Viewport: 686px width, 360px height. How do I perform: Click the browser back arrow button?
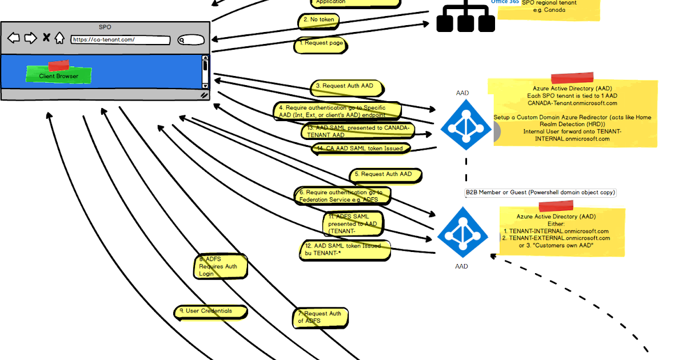14,38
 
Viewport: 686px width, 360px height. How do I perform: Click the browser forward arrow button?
30,38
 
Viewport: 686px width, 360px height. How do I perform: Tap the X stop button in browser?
46,38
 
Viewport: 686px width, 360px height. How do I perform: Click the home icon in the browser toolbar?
59,38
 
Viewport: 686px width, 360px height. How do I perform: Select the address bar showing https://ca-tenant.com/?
120,40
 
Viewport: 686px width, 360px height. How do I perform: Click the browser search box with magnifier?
190,40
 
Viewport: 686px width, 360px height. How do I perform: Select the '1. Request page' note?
320,44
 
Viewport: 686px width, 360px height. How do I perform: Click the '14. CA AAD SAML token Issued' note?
361,149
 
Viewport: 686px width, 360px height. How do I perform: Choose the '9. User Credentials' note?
211,312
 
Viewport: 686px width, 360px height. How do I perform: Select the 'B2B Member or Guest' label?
540,193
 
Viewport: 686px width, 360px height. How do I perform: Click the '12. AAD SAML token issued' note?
346,250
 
